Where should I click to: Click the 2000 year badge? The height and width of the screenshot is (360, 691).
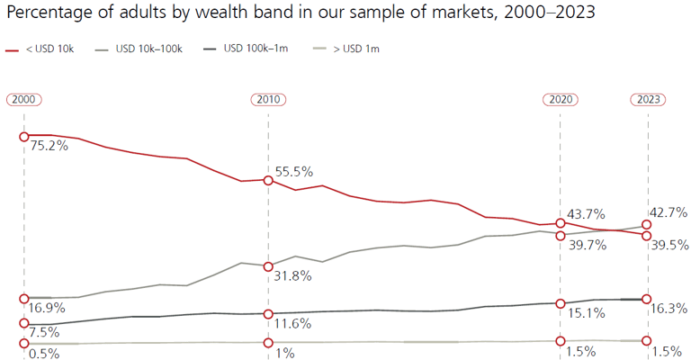[24, 99]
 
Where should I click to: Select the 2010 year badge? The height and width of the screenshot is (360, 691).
[267, 99]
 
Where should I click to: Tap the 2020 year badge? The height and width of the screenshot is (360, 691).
[561, 99]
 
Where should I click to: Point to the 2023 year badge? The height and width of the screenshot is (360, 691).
[648, 99]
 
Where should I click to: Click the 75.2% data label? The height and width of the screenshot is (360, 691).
[49, 146]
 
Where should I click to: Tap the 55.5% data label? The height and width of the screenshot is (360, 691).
[294, 171]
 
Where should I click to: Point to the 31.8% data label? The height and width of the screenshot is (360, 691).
[293, 276]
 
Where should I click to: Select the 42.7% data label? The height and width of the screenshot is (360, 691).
[669, 212]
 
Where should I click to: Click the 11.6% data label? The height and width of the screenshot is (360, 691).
[293, 324]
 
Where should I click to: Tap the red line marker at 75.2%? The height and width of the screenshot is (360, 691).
[24, 135]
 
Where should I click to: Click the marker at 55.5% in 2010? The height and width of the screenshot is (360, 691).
[267, 179]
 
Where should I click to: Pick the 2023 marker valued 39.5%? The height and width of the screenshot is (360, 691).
[648, 235]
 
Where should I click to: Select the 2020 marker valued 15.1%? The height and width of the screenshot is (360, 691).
[561, 303]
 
